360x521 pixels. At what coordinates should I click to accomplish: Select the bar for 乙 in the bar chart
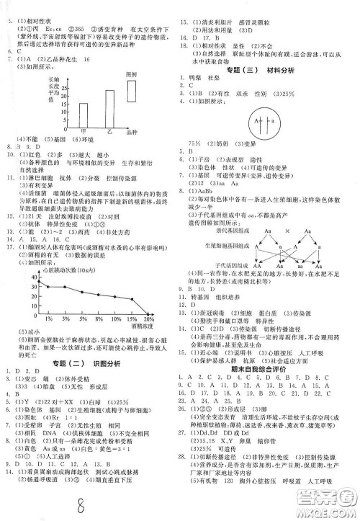[x=109, y=107]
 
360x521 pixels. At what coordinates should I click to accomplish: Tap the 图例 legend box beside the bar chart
[x=132, y=89]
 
